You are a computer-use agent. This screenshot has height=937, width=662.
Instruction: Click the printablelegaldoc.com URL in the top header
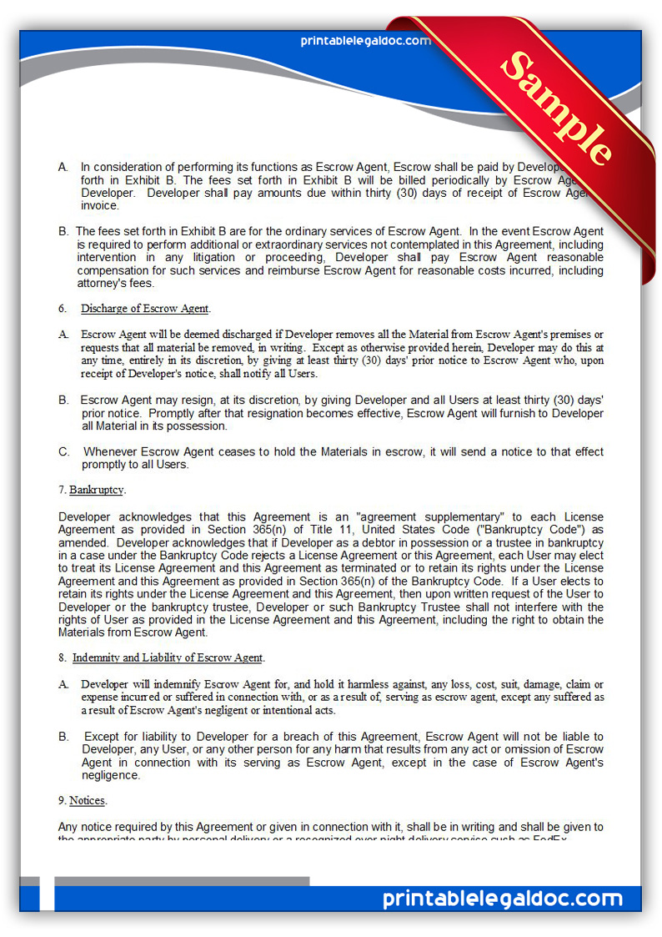coord(365,41)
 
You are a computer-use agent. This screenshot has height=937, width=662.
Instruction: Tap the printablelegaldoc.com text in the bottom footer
coord(503,899)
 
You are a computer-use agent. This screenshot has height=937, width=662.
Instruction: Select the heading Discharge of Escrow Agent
coord(144,309)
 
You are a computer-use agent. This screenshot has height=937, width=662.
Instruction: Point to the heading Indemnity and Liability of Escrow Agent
coord(168,657)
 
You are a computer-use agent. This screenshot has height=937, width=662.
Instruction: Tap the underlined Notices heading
coord(87,800)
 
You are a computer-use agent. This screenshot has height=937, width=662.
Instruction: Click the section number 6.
coord(63,309)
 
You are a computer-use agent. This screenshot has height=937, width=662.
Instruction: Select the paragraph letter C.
coord(64,451)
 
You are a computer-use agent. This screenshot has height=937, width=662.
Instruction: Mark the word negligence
coord(112,775)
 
